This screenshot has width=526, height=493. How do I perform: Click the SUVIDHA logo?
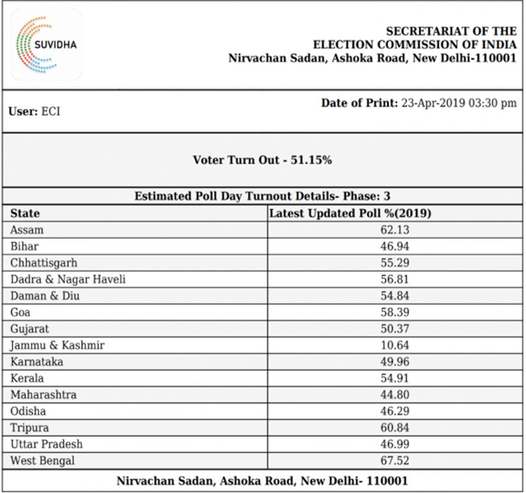click(x=46, y=45)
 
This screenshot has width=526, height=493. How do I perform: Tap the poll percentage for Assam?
click(x=395, y=230)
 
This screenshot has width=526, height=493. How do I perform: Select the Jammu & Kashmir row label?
click(x=58, y=345)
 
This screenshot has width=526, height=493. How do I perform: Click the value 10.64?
click(x=395, y=345)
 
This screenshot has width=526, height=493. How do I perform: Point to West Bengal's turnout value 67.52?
click(x=395, y=461)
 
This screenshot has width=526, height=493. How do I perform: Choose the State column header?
click(x=25, y=213)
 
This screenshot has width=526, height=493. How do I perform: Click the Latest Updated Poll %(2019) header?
click(x=350, y=213)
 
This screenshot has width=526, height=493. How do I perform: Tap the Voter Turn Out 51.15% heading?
click(x=262, y=160)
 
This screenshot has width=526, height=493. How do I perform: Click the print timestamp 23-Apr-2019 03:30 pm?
click(x=459, y=103)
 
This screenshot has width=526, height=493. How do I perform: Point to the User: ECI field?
click(x=34, y=111)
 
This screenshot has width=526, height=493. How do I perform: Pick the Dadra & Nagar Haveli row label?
click(x=68, y=280)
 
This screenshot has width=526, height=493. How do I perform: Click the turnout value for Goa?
click(x=395, y=312)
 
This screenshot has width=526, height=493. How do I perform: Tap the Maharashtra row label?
click(x=43, y=395)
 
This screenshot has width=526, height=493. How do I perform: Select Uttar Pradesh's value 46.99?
click(x=395, y=444)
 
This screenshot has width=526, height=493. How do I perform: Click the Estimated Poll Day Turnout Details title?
click(x=262, y=196)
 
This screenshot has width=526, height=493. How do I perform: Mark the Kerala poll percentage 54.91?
click(x=395, y=379)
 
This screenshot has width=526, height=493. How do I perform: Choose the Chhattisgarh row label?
click(x=43, y=264)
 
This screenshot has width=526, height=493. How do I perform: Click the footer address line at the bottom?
click(x=262, y=481)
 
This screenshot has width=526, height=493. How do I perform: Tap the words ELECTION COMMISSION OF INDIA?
click(x=415, y=45)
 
